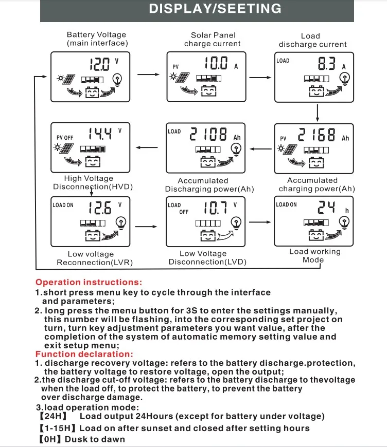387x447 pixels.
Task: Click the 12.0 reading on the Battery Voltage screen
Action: click(x=100, y=64)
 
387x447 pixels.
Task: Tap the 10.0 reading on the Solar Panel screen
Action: click(x=216, y=64)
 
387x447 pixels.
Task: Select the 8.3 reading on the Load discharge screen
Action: click(x=327, y=64)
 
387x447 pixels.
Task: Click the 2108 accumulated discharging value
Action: click(x=208, y=135)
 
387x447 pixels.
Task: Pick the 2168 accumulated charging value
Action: click(x=317, y=135)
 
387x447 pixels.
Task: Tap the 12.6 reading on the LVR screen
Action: click(x=100, y=208)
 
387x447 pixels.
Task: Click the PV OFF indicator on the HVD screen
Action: click(x=65, y=138)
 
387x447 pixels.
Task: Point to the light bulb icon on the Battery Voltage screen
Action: click(x=118, y=79)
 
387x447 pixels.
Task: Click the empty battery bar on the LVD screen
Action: click(x=207, y=223)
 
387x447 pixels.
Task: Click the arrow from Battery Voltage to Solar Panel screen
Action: click(x=149, y=74)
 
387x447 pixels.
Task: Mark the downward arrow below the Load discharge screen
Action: click(x=318, y=111)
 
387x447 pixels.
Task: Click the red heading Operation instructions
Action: click(x=89, y=282)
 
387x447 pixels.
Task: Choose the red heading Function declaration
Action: click(x=84, y=354)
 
